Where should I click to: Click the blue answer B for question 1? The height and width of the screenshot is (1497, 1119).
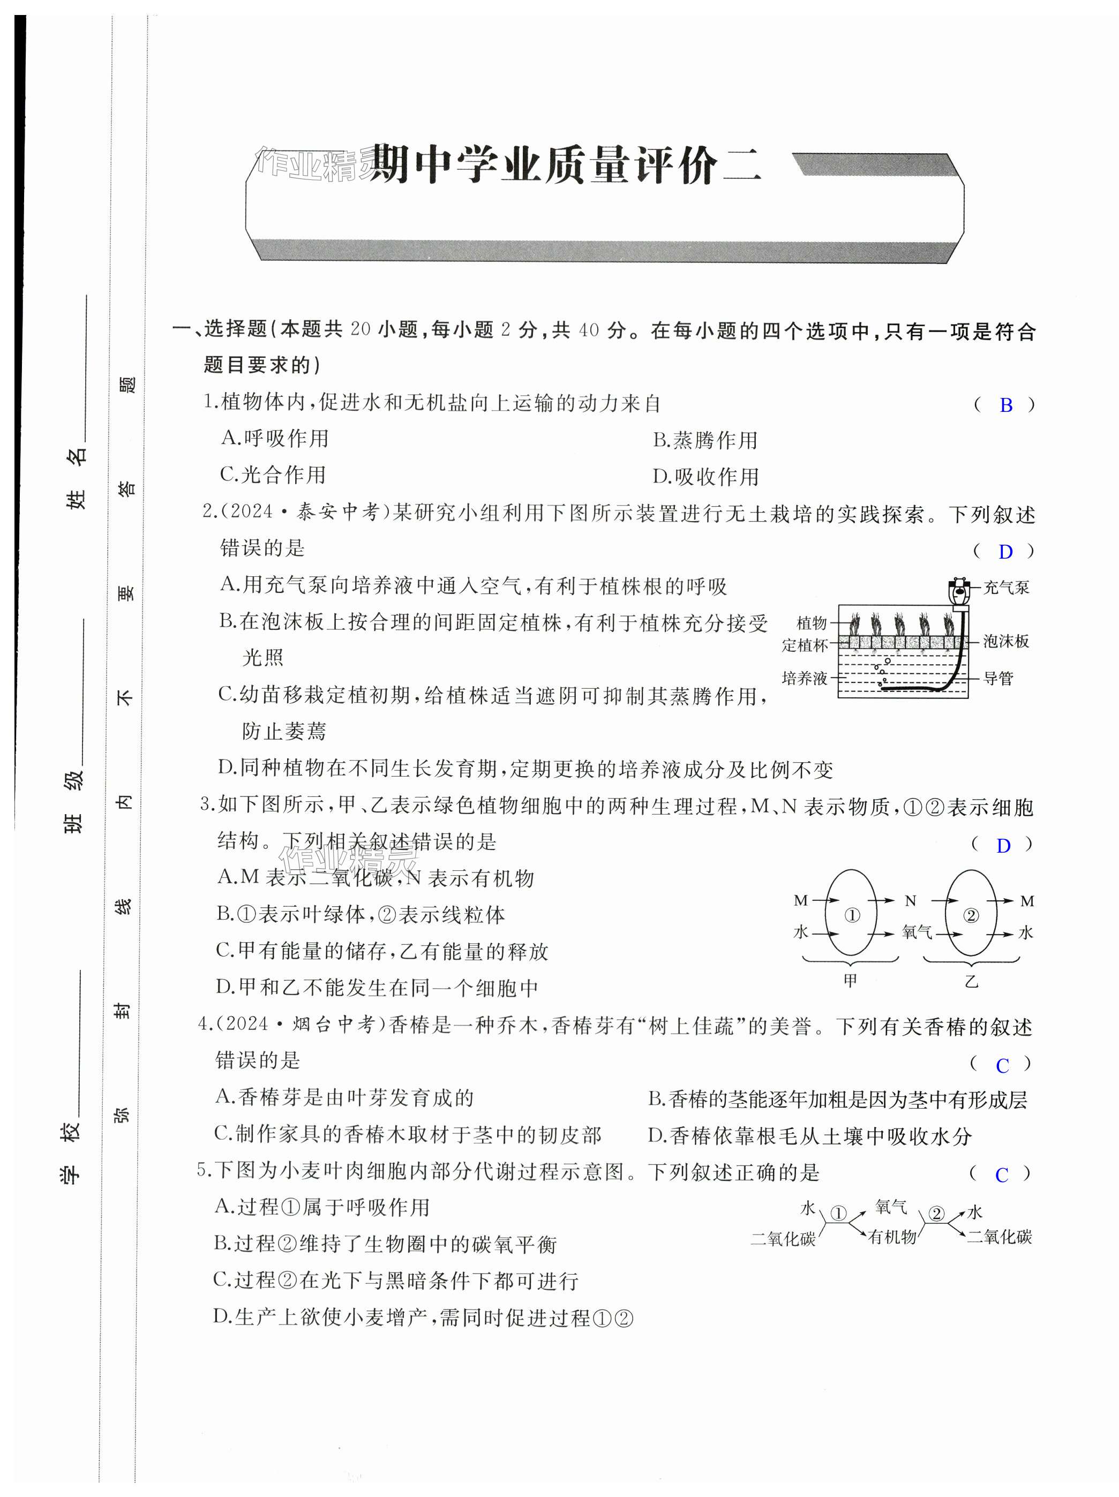pyautogui.click(x=1005, y=405)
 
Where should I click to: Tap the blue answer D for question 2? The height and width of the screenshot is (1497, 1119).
pyautogui.click(x=1005, y=552)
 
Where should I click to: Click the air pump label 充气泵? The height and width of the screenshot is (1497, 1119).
pyautogui.click(x=1006, y=588)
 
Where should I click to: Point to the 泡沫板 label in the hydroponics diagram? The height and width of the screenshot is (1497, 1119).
pyautogui.click(x=1006, y=641)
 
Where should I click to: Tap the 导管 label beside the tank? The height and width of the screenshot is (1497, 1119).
pyautogui.click(x=998, y=678)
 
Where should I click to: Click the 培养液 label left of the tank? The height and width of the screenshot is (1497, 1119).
pyautogui.click(x=804, y=678)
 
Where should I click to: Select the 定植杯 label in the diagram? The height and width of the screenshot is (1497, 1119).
pyautogui.click(x=804, y=645)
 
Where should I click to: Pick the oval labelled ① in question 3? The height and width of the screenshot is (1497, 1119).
pyautogui.click(x=851, y=916)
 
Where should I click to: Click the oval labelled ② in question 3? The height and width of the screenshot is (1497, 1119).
pyautogui.click(x=971, y=916)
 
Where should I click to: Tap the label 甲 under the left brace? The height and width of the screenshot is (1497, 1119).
pyautogui.click(x=850, y=981)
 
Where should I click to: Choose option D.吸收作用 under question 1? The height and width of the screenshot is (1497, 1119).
pyautogui.click(x=705, y=477)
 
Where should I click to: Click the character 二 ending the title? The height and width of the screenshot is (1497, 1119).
pyautogui.click(x=742, y=167)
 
